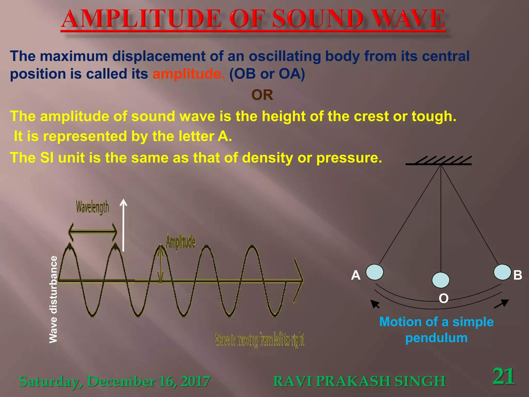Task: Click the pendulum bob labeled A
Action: pos(375,272)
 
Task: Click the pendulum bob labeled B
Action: pos(502,272)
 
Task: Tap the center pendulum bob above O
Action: pos(441,280)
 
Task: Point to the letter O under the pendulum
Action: pos(444,298)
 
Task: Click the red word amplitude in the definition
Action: pos(189,74)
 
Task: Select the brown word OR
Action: pos(262,95)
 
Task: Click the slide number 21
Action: pos(503,376)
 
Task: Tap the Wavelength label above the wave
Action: pos(92,208)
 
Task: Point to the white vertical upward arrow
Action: pos(123,225)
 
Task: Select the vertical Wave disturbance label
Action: pos(53,299)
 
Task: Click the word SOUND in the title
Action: pos(318,19)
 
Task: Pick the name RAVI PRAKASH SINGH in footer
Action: pos(359,381)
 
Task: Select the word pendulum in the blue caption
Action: pos(436,338)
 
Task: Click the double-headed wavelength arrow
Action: pos(92,232)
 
